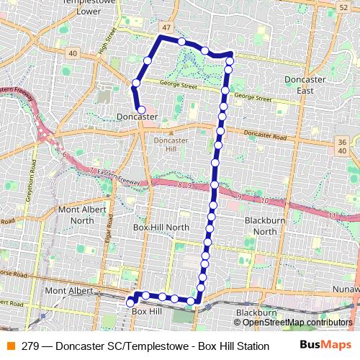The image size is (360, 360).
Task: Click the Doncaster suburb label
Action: tap(137, 115)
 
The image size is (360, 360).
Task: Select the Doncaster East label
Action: tap(304, 84)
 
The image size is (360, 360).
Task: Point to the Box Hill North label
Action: tap(161, 227)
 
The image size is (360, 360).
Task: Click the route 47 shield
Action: tap(168, 27)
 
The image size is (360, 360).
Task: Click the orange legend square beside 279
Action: tap(10, 346)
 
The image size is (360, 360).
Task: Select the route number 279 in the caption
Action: tap(30, 346)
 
